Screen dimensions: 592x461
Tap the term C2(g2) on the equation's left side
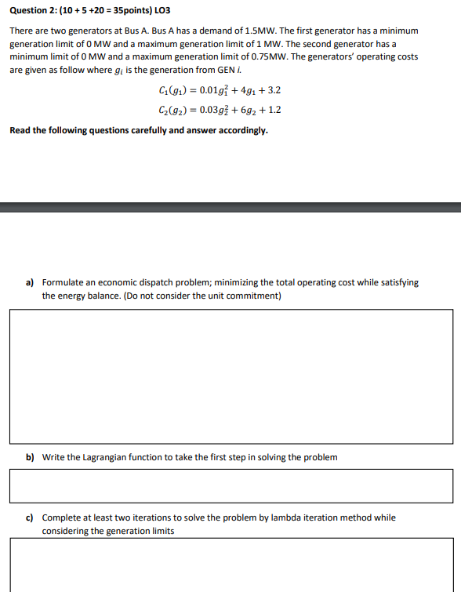point(172,111)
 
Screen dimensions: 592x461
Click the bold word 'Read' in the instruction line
point(20,130)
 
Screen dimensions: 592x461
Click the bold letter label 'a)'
point(30,282)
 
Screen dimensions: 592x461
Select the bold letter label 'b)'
point(30,456)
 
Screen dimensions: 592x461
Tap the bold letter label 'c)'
point(30,518)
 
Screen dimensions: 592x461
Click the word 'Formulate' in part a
point(61,282)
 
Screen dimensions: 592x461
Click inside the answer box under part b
point(231,486)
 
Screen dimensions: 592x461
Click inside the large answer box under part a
point(231,376)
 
